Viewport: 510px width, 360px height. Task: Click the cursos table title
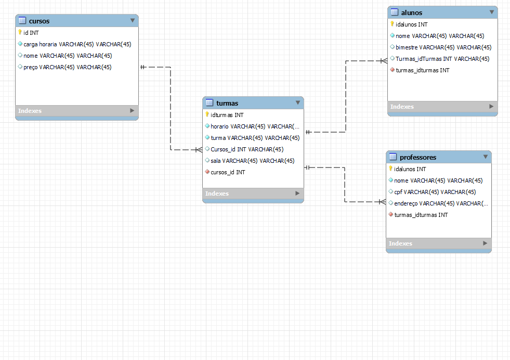click(x=40, y=21)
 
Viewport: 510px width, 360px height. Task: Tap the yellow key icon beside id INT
click(x=20, y=32)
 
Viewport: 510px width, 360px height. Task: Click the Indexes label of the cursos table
click(x=30, y=111)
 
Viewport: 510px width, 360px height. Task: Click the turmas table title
click(x=227, y=103)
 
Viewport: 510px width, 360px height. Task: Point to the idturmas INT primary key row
click(x=227, y=115)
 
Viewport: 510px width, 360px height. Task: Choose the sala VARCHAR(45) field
click(x=252, y=161)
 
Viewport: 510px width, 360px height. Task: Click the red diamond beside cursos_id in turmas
click(x=207, y=172)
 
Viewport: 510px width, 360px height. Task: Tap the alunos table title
click(x=412, y=12)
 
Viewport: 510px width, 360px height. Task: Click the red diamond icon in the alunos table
click(x=392, y=70)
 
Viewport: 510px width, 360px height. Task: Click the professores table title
click(x=418, y=157)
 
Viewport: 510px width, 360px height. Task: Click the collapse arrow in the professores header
click(x=486, y=157)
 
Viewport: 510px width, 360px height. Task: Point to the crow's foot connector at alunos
click(x=384, y=61)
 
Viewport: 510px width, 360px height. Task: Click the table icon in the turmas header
click(x=210, y=103)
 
